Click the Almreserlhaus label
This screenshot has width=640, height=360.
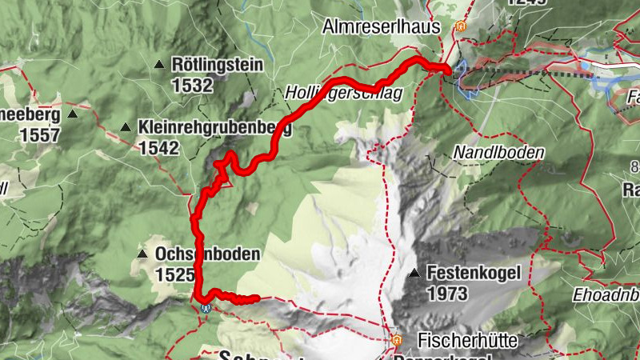[x=382, y=26]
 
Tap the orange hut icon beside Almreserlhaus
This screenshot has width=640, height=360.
[x=459, y=26]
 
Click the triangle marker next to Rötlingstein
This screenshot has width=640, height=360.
[x=160, y=65]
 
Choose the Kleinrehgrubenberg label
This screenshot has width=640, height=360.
[x=214, y=127]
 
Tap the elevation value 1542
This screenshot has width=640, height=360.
[x=158, y=147]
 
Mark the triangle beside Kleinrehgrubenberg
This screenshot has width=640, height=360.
[x=126, y=127]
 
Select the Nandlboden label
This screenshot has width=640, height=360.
[x=498, y=151]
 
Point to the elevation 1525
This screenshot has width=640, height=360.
[x=175, y=274]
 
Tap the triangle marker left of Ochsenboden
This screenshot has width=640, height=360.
[x=142, y=254]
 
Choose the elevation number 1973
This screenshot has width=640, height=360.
[x=447, y=294]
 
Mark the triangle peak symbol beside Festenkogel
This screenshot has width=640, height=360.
[x=414, y=274]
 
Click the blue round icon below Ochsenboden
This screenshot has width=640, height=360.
[x=206, y=306]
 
